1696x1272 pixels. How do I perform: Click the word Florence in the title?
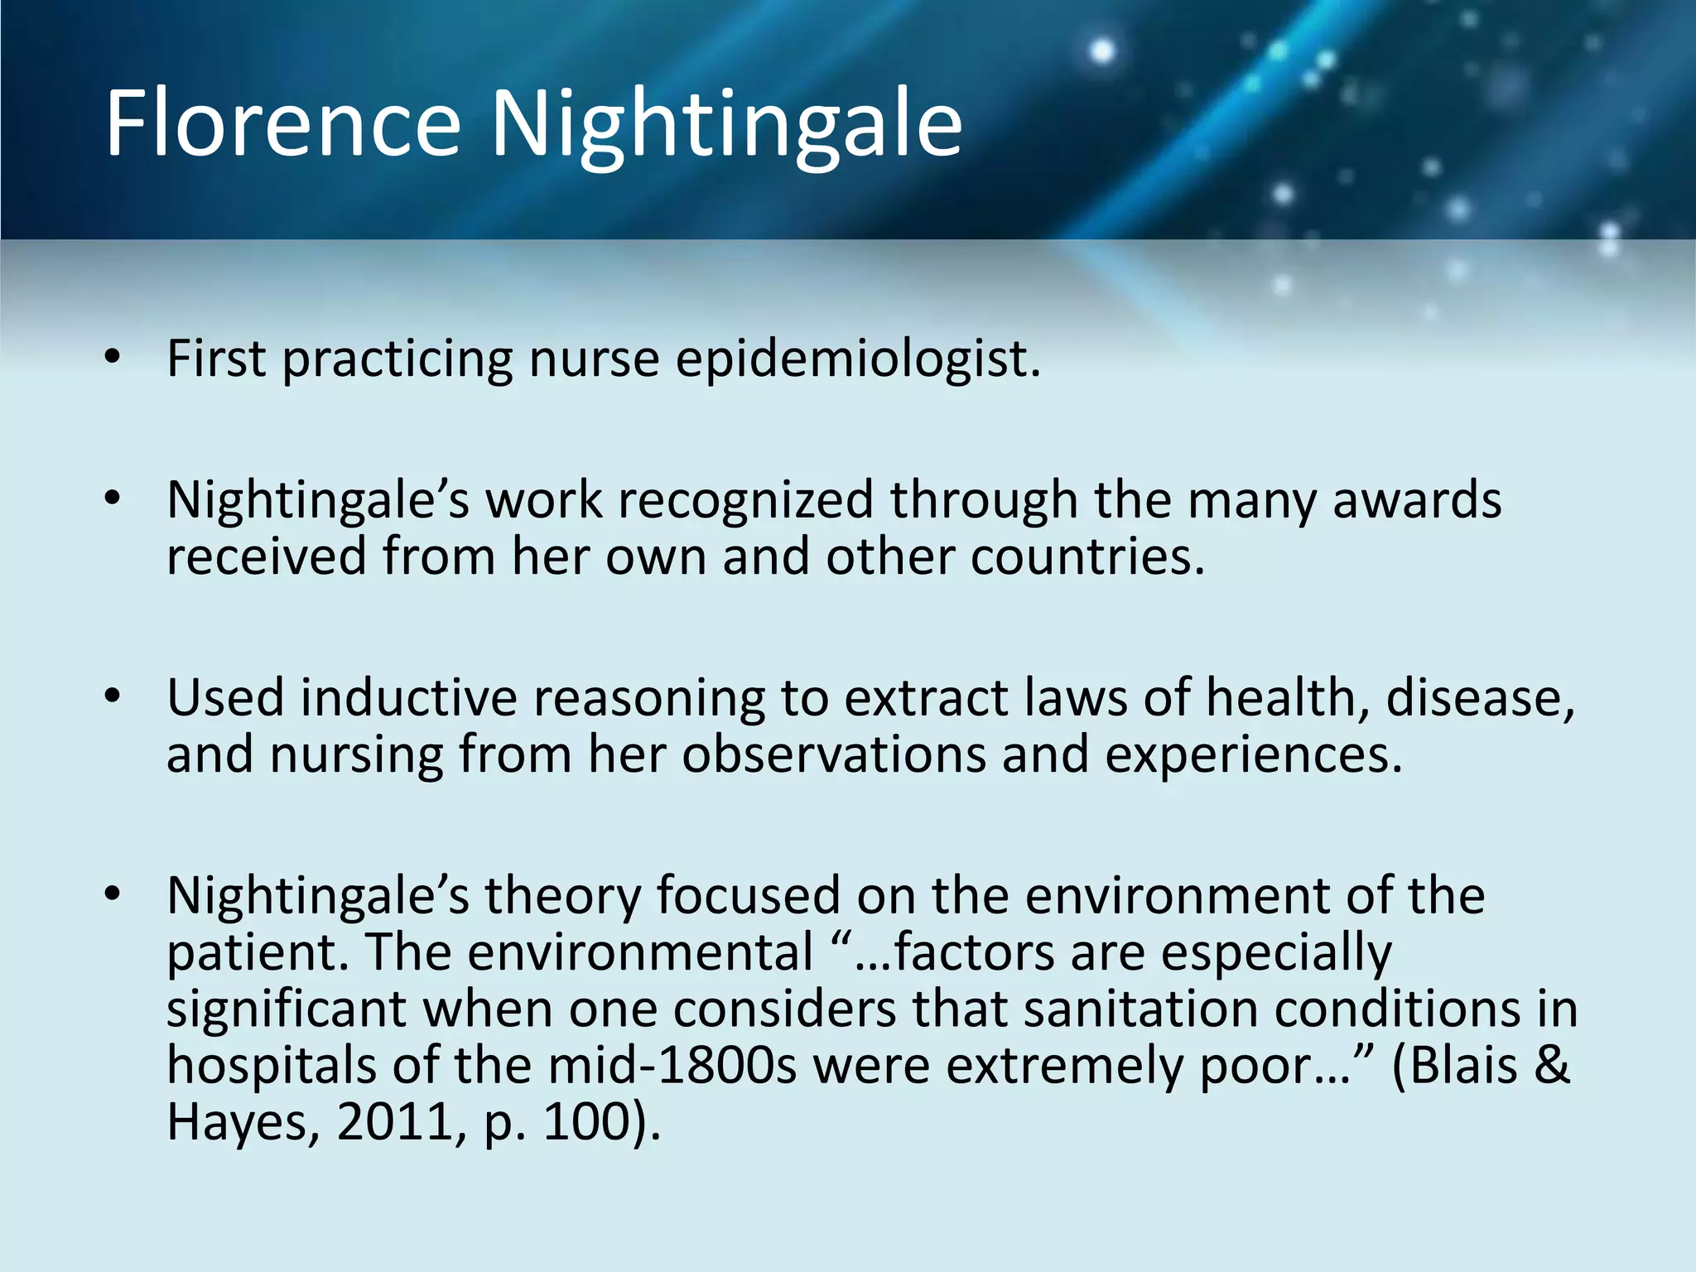click(282, 124)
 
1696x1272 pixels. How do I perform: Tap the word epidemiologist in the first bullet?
click(858, 361)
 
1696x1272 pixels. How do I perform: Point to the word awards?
click(1417, 501)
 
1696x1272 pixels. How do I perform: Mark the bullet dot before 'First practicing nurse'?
click(113, 358)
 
